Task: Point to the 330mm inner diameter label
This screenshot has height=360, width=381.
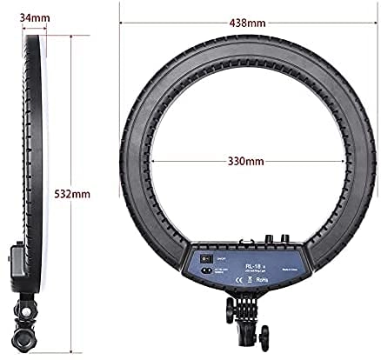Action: pyautogui.click(x=245, y=161)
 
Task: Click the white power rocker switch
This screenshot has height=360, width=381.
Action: pyautogui.click(x=204, y=258)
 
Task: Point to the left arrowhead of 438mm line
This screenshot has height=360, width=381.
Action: pyautogui.click(x=122, y=22)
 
